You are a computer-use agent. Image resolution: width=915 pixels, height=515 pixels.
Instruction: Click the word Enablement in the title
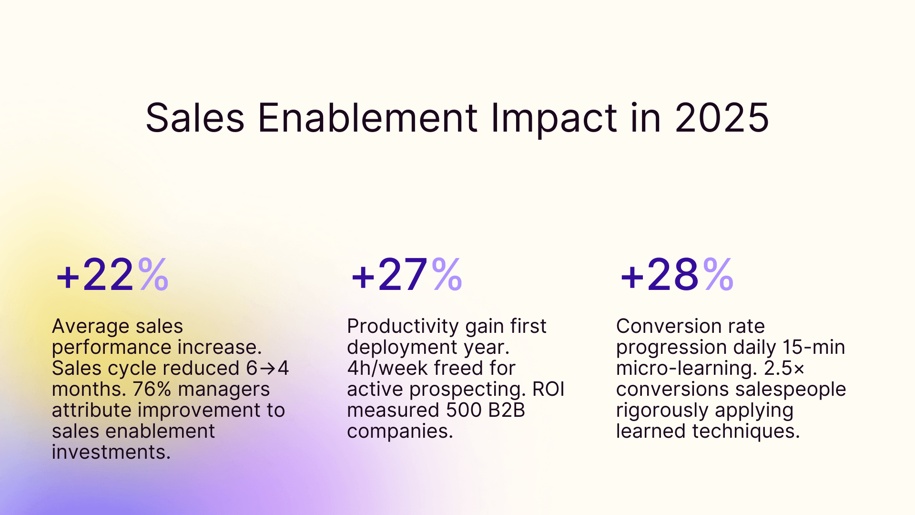coord(367,118)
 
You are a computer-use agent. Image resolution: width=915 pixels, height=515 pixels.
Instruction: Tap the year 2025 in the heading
coord(722,118)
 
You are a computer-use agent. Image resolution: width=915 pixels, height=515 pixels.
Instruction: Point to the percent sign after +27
coord(447,275)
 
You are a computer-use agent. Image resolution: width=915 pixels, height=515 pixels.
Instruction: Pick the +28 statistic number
coord(660,275)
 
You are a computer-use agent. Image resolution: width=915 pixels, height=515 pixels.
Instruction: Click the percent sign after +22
coord(153,275)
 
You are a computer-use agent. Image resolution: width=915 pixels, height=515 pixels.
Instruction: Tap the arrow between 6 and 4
coord(268,369)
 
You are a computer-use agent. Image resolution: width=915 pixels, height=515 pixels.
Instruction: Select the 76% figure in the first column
coord(152,389)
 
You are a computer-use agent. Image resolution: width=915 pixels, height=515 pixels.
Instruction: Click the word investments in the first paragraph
coord(111,452)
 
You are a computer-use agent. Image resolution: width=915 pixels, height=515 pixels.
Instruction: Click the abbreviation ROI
coord(548,389)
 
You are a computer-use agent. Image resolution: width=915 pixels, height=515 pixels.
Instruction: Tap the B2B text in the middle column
coord(506,410)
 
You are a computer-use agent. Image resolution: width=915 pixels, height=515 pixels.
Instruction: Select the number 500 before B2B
coord(464,410)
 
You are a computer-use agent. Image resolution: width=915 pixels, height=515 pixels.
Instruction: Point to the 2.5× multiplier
coord(784,369)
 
